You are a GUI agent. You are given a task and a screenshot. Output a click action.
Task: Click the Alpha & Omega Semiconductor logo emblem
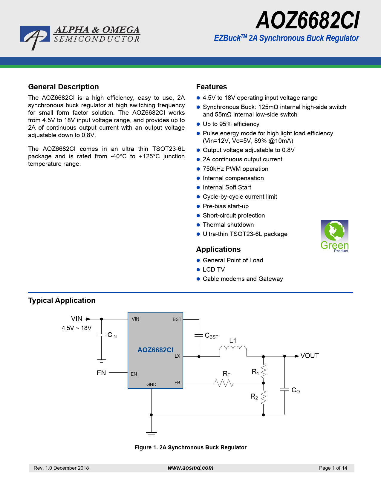click(x=35, y=38)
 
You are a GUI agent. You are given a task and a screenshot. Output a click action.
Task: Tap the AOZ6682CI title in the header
click(x=307, y=21)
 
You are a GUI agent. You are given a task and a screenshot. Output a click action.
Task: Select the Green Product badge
click(x=334, y=236)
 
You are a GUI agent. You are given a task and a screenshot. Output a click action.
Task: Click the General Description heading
click(x=63, y=87)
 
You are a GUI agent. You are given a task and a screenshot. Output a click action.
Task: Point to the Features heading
click(x=211, y=87)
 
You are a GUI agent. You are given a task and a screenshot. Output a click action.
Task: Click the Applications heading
click(x=218, y=249)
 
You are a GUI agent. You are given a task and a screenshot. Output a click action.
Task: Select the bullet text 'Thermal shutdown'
click(x=228, y=225)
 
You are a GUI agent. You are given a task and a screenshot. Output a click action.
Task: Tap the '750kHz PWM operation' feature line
click(x=235, y=169)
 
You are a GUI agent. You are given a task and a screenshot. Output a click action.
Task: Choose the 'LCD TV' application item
click(x=214, y=270)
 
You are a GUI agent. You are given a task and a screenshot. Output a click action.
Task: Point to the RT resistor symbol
click(x=224, y=383)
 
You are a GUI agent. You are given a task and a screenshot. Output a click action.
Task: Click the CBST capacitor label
click(x=211, y=336)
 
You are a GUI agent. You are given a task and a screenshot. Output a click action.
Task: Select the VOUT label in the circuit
click(x=310, y=356)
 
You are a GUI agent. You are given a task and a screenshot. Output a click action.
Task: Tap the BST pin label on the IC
click(x=177, y=319)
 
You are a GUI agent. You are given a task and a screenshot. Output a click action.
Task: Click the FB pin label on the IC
click(x=177, y=383)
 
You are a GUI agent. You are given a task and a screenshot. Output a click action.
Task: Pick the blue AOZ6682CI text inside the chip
click(x=155, y=350)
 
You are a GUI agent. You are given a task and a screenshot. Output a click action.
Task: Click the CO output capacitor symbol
click(x=284, y=390)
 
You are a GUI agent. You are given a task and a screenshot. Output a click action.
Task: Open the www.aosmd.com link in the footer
click(x=190, y=468)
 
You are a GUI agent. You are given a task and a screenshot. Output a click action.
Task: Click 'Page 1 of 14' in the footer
click(x=333, y=468)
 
